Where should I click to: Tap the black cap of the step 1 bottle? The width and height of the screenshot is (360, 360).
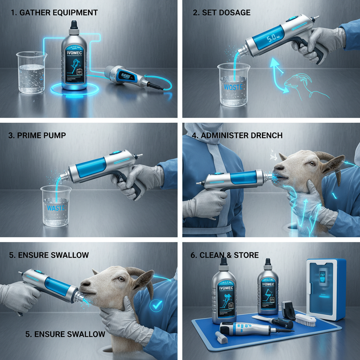[x=74, y=25]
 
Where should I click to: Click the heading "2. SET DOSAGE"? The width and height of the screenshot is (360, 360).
[x=221, y=13]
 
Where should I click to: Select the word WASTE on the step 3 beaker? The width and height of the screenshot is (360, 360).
[x=56, y=208]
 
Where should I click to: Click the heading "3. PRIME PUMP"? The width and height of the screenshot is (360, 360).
[x=37, y=135]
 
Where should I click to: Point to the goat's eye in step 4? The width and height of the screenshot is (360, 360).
[x=311, y=163]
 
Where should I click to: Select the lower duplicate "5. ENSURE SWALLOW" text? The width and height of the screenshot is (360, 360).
[x=65, y=334]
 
